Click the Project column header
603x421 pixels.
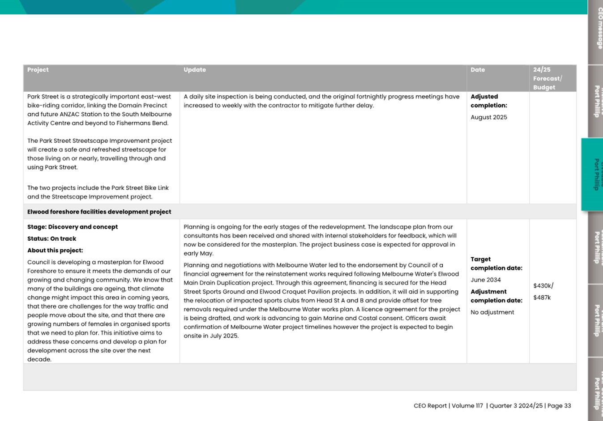(x=38, y=70)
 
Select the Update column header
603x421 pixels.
(x=195, y=70)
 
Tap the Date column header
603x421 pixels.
(x=478, y=70)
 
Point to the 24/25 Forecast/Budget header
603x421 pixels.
(x=547, y=78)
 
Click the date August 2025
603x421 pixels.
(x=489, y=117)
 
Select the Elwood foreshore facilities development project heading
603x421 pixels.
(x=99, y=212)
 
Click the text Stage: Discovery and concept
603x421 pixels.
(x=73, y=227)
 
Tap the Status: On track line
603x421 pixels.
(x=51, y=238)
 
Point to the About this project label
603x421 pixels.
(x=55, y=251)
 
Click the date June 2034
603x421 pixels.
(x=486, y=280)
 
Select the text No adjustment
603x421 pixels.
(x=492, y=312)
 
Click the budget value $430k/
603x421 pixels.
(x=543, y=286)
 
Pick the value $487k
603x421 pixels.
(x=542, y=298)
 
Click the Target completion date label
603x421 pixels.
(x=496, y=264)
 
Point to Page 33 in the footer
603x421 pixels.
(x=559, y=406)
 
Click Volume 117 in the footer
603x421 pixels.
(x=467, y=406)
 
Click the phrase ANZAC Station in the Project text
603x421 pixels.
(x=66, y=114)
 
